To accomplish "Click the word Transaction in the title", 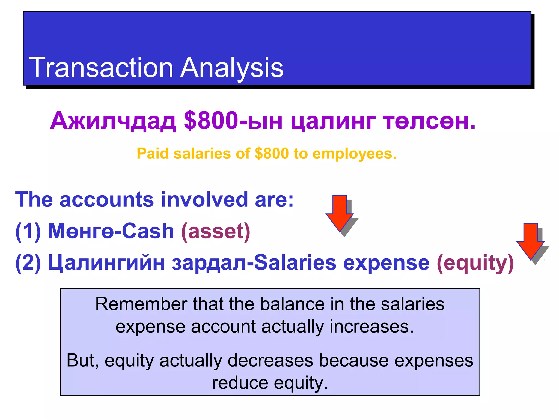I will [101, 68].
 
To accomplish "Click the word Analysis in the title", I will [232, 68].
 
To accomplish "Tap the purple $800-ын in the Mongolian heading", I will [233, 121].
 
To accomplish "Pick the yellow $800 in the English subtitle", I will [272, 154].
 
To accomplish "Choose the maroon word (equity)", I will [475, 262].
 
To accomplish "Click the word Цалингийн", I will [106, 262].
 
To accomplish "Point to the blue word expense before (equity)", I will [386, 262].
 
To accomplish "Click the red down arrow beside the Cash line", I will [340, 213].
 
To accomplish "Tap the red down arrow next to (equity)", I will [530, 241].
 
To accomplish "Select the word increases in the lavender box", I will [371, 327].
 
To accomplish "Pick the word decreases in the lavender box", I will [270, 360].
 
